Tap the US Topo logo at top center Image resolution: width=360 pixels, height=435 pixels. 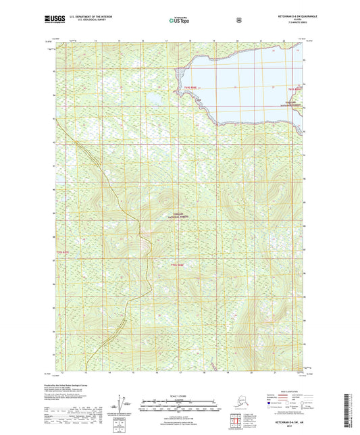179,21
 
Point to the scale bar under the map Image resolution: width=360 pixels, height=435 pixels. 180,408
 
